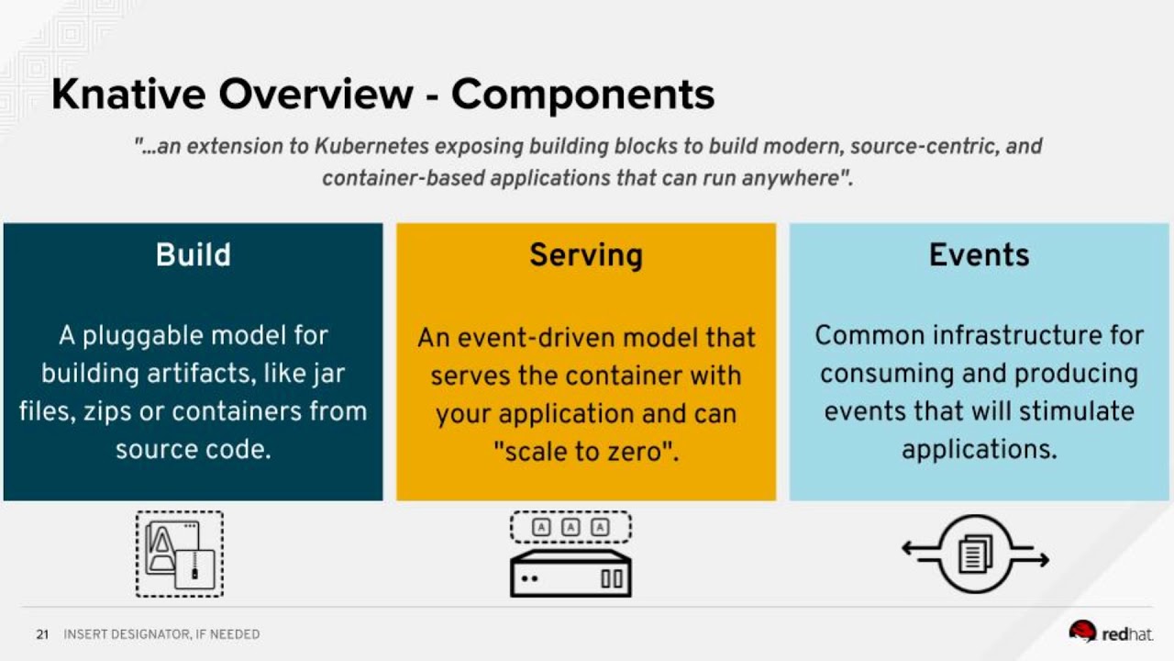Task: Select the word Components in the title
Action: coord(582,95)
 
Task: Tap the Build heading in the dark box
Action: coord(193,254)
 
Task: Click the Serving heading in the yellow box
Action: coord(585,254)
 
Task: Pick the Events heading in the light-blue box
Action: coord(979,254)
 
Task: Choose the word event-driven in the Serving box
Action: coord(541,338)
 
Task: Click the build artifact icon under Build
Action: coord(180,555)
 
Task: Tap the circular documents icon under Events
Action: coord(975,555)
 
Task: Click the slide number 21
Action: coord(42,634)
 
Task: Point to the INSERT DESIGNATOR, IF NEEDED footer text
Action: coord(161,634)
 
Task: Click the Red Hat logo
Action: coord(1111,633)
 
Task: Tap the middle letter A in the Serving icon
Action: coord(570,527)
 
